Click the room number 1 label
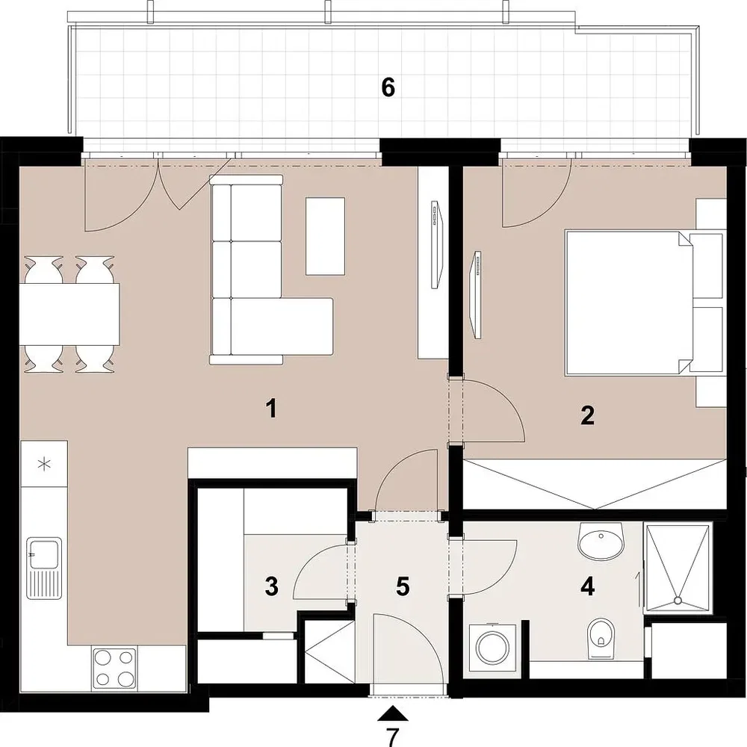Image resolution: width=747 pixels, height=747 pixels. coord(272,409)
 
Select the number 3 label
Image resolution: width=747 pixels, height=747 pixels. coord(272,586)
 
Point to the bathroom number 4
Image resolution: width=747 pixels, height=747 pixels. coord(588,586)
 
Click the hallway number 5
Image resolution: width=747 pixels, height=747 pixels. coord(403,586)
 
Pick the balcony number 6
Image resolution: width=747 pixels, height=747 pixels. coord(388,87)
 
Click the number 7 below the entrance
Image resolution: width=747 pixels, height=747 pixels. coord(392,737)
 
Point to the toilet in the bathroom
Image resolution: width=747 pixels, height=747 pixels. coord(601,638)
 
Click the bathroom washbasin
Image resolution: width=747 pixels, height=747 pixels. coord(601,542)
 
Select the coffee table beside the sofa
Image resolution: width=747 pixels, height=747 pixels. coord(325,236)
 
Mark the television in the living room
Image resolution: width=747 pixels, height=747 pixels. coord(437,244)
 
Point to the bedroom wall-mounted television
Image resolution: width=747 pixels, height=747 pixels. coord(477,294)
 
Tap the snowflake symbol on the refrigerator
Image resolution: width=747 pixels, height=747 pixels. coord(44,464)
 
